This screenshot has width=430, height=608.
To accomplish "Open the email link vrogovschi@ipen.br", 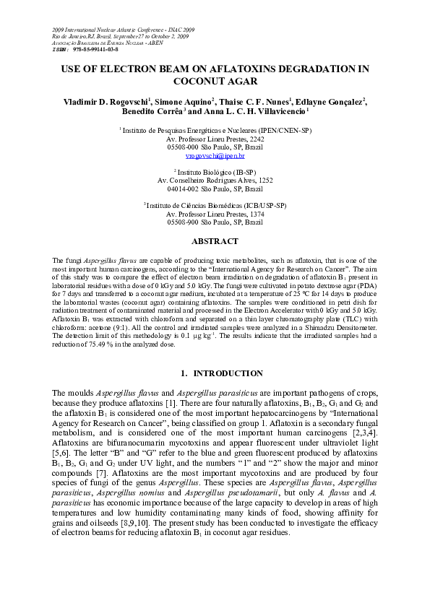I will pos(215,155).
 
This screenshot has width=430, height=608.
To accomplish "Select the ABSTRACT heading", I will pos(215,241).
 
